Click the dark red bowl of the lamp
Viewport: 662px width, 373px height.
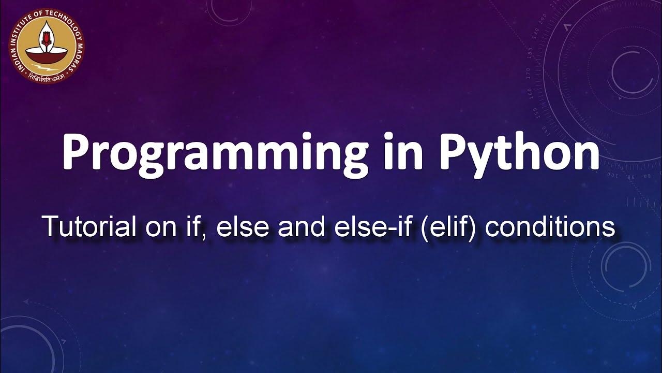click(x=47, y=54)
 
